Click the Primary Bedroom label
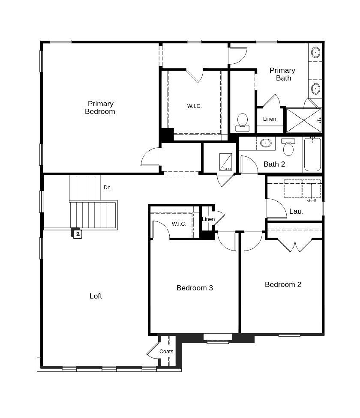point(100,107)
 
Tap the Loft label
point(96,296)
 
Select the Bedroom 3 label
point(195,288)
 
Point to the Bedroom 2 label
point(283,284)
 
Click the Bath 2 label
point(274,164)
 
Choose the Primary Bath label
point(282,74)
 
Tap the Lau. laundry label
point(297,211)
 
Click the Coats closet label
point(166,352)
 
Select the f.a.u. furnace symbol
point(226,162)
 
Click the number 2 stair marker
point(78,234)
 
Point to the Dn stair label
point(107,188)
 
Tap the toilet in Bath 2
point(288,148)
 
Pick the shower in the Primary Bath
point(303,120)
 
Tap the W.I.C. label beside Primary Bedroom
point(194,106)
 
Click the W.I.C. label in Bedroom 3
point(179,224)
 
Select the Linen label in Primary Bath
point(270,119)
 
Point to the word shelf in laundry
point(311,201)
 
